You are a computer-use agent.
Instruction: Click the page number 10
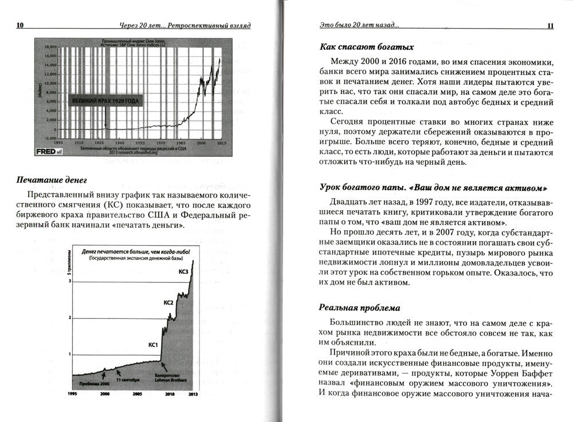click(x=20, y=25)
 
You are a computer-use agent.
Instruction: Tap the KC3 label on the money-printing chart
click(x=183, y=271)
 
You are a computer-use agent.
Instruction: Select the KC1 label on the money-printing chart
click(x=153, y=345)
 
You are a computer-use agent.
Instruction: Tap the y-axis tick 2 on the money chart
click(x=70, y=318)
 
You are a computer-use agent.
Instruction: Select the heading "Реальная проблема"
click(x=359, y=307)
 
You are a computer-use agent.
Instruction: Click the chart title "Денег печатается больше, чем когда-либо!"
click(x=135, y=251)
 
